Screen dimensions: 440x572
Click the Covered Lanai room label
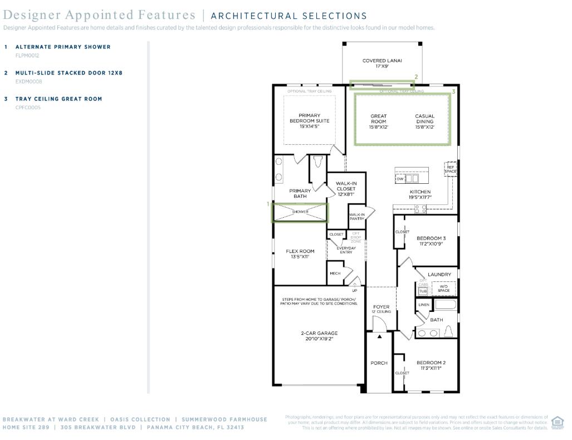pos(382,63)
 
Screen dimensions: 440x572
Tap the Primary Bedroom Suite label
pos(309,121)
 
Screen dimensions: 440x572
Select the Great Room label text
pos(378,121)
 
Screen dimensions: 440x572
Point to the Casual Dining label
pos(424,121)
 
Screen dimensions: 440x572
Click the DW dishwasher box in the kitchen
pos(400,179)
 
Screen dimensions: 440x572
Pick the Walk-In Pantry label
pos(356,217)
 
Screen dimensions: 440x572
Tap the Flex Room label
pos(300,254)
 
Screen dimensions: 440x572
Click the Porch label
pos(379,363)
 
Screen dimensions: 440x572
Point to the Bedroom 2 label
pos(431,365)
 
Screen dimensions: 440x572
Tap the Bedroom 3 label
pos(431,241)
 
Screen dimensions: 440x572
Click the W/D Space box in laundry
pos(444,289)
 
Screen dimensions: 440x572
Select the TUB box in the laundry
pos(423,291)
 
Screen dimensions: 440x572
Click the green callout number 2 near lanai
pos(415,77)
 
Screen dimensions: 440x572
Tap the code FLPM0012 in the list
pos(27,56)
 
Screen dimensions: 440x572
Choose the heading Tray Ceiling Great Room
pos(58,99)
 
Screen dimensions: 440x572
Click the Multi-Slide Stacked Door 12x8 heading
pos(69,73)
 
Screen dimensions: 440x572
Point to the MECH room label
pos(335,273)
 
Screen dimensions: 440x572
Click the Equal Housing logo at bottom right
pos(558,423)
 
